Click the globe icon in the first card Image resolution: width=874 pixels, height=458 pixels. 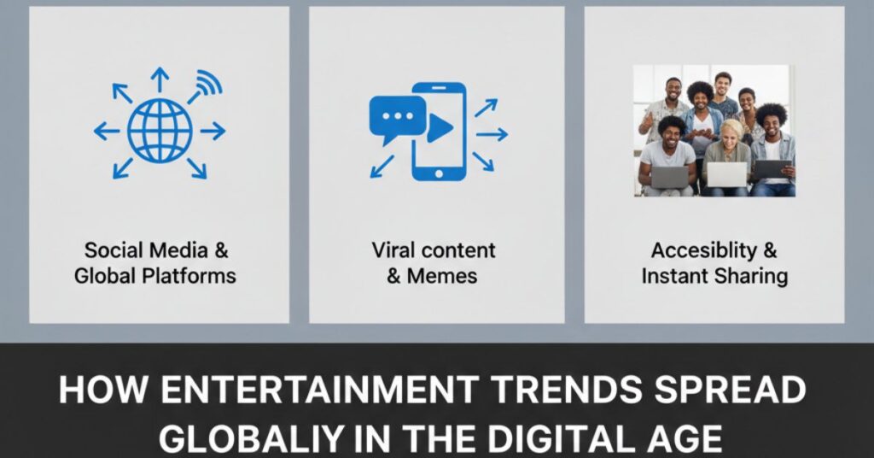[159, 130]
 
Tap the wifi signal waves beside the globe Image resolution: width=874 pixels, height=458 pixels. [207, 84]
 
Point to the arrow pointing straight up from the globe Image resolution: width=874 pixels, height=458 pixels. [159, 79]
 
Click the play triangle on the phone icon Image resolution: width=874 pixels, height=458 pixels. [439, 128]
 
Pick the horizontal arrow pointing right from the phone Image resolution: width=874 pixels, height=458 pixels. [492, 133]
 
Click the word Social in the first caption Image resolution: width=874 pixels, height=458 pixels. [114, 251]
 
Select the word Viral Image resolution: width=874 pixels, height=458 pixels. [393, 250]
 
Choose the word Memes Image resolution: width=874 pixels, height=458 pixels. [443, 275]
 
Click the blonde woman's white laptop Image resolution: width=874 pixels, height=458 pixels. [727, 175]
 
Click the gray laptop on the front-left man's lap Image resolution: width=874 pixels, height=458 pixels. [669, 176]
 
